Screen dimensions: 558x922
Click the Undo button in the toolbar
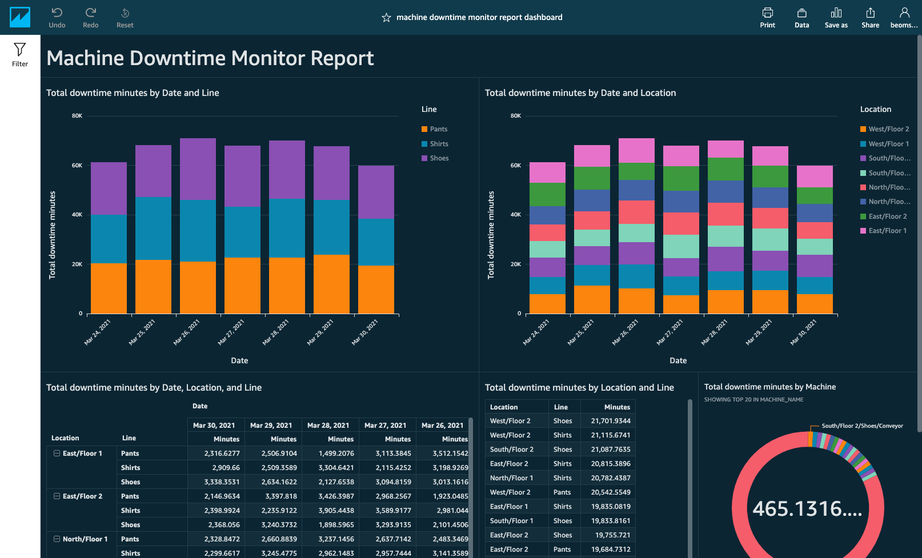57,17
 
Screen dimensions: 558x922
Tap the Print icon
767,17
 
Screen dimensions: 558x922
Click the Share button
870,17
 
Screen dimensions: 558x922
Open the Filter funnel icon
20,54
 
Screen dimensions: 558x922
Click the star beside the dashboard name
386,18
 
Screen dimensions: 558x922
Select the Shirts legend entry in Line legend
439,144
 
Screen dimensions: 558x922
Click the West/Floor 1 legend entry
888,144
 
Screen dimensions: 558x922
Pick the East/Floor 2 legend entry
887,216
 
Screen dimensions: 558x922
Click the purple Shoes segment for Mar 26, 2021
198,169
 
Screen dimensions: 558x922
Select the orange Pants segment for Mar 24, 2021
109,288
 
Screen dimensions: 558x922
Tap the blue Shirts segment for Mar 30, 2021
376,242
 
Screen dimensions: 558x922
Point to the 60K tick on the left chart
77,165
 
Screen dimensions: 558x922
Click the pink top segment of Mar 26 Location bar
636,150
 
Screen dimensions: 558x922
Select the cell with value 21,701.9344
610,421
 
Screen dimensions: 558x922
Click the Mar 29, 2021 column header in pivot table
271,425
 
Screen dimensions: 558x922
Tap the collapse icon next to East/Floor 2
57,496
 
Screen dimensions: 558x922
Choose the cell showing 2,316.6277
222,453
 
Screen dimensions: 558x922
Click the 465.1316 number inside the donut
807,508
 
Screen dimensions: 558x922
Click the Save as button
836,17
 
